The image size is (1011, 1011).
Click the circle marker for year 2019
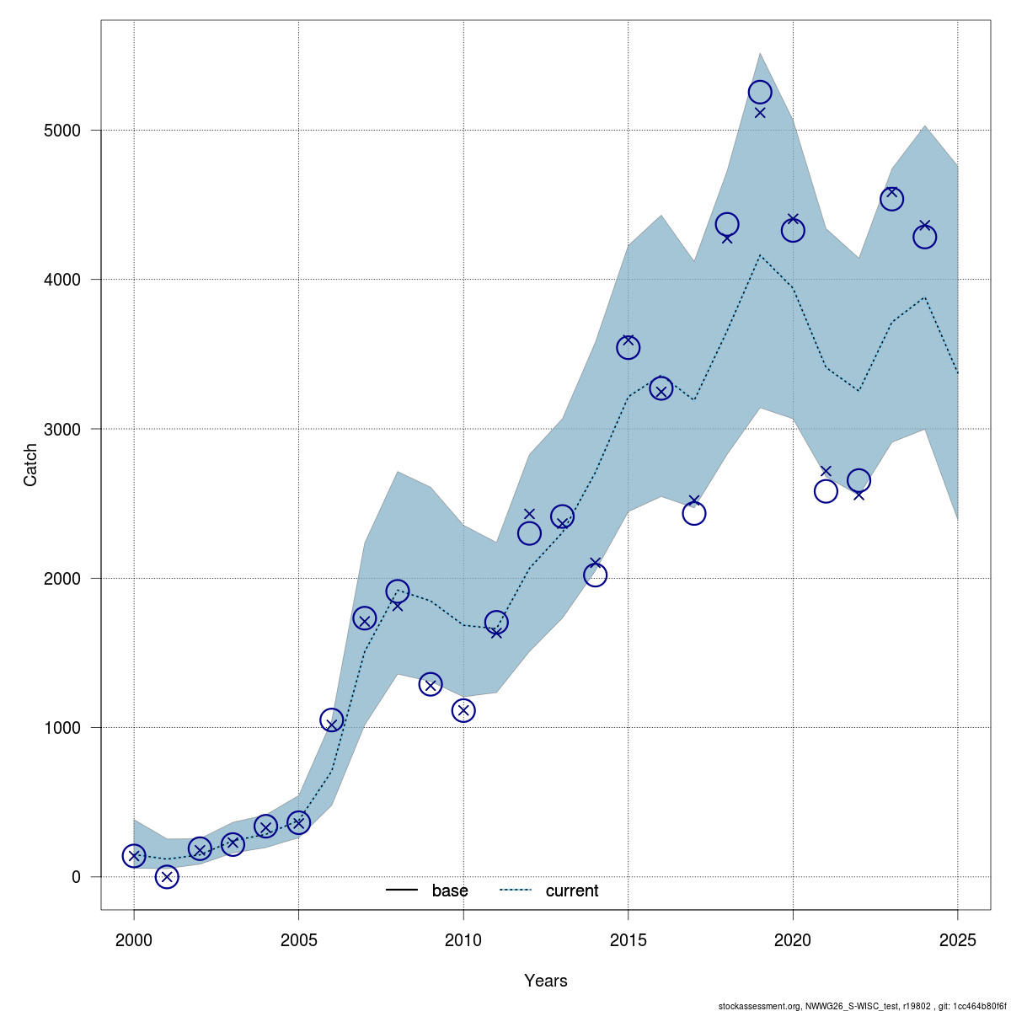pos(760,92)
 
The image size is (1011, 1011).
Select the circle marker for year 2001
pos(167,877)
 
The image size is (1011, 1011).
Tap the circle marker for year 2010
pos(463,711)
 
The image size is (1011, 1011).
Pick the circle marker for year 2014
pos(595,575)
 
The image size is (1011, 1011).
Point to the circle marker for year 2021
pos(826,491)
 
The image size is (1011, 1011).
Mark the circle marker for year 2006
pos(332,720)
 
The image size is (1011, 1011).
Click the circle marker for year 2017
pos(694,513)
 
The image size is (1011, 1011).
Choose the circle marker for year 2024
pos(924,237)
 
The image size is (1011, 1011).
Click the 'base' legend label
pos(450,891)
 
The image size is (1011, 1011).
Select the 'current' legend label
pos(572,891)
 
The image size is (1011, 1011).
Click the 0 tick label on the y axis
pos(76,877)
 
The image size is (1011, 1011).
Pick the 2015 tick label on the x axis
pos(628,939)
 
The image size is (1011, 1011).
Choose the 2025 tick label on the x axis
pos(957,939)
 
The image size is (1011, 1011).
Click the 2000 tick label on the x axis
pos(134,939)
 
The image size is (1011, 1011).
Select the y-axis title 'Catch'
pos(30,465)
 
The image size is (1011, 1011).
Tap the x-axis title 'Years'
pos(546,981)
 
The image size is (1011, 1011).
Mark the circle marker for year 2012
pos(529,532)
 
